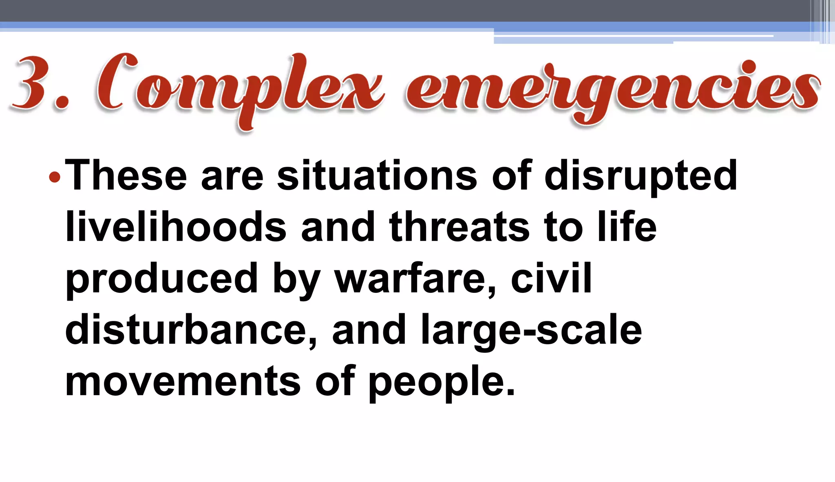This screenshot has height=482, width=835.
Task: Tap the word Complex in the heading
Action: pos(241,88)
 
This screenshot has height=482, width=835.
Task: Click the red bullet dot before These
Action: pos(54,177)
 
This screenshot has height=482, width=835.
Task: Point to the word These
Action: pos(126,176)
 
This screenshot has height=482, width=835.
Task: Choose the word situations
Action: pos(377,176)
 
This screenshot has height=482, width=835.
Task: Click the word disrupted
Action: pos(641,176)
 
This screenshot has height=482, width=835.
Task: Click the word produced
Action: pos(161,279)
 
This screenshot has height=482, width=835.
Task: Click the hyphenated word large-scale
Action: pos(531,330)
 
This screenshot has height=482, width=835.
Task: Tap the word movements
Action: pos(183,381)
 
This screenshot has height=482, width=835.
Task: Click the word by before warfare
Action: pos(296,279)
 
